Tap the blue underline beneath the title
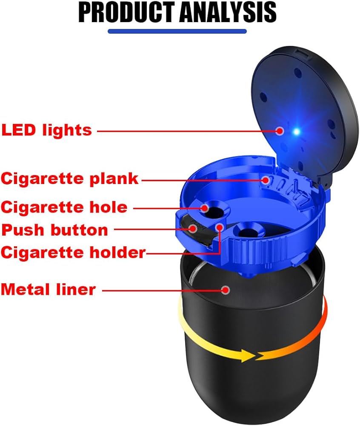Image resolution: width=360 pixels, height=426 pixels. (x=177, y=31)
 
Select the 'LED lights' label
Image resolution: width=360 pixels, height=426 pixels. (x=47, y=130)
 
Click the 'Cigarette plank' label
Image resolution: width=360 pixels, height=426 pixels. (x=70, y=178)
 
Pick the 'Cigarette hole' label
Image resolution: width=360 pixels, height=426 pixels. (x=64, y=207)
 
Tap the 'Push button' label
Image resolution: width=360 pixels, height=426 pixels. (x=55, y=230)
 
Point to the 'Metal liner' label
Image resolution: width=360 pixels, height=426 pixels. (x=48, y=290)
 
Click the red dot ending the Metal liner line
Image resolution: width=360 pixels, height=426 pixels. (x=226, y=290)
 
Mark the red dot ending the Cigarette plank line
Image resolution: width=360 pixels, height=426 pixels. (x=266, y=180)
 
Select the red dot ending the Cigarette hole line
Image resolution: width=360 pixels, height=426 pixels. (x=205, y=208)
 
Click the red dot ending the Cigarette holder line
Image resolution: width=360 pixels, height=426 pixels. (x=220, y=227)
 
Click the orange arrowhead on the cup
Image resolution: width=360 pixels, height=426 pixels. (x=264, y=355)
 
